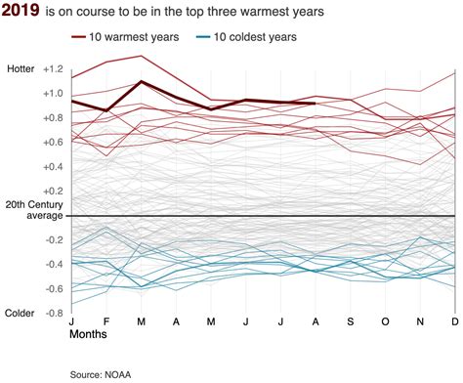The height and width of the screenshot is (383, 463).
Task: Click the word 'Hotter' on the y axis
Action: (x=20, y=69)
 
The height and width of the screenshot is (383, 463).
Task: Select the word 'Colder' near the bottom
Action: (x=21, y=314)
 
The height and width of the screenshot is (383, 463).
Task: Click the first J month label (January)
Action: (x=72, y=320)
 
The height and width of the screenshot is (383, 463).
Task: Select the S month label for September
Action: (x=350, y=320)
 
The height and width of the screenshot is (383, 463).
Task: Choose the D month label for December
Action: (x=454, y=320)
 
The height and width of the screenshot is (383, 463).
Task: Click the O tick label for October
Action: (x=385, y=320)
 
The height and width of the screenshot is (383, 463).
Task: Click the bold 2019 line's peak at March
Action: (x=142, y=82)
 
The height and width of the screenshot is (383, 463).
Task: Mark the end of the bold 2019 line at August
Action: (x=315, y=103)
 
